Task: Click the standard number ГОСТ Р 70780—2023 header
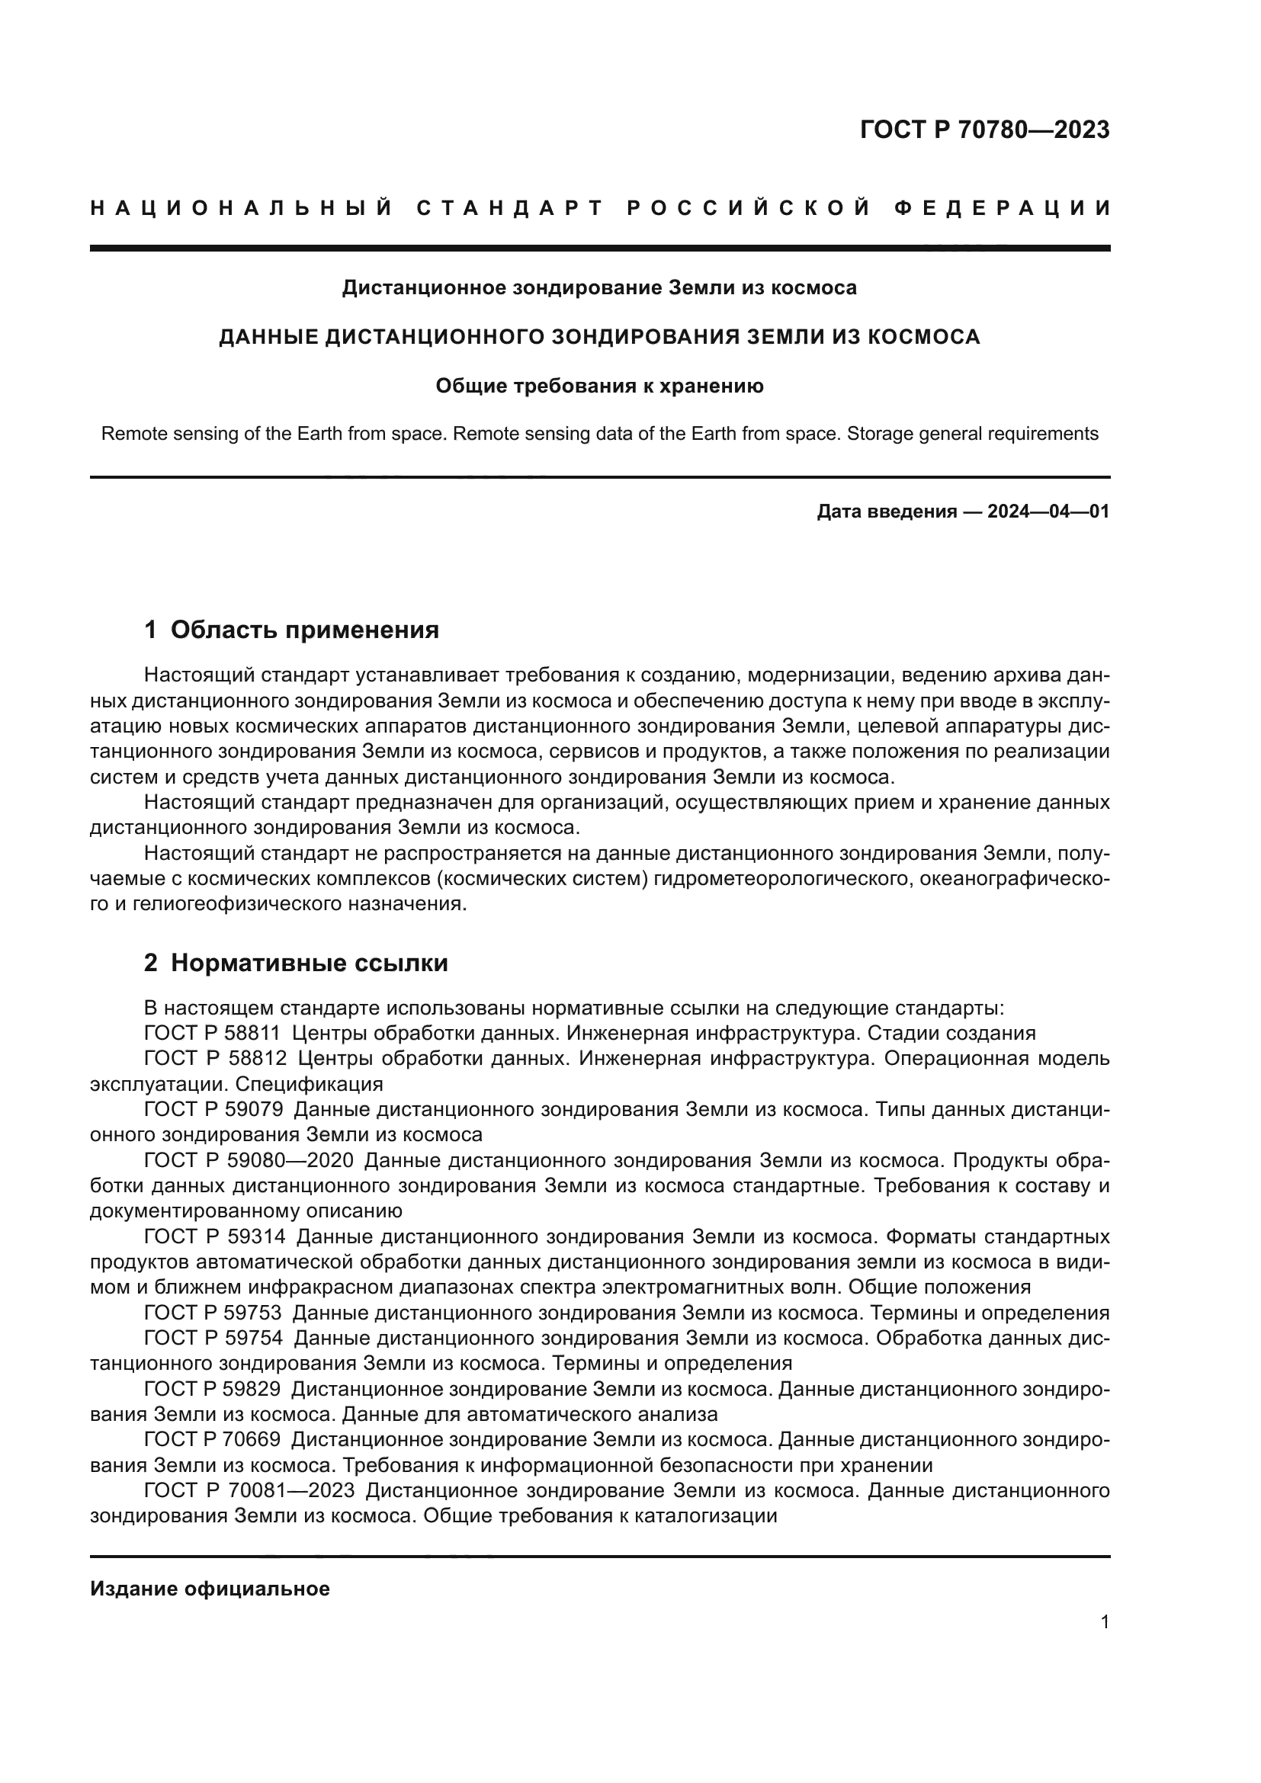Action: pos(984,130)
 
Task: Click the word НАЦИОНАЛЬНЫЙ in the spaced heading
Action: pos(242,208)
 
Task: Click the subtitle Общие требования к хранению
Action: pos(599,386)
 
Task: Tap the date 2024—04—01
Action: pos(1048,511)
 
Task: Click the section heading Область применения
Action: pos(304,630)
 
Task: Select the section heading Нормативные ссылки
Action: pos(309,963)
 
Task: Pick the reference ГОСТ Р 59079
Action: pos(213,1110)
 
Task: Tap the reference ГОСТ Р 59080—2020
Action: pos(249,1160)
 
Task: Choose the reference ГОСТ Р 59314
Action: pos(215,1236)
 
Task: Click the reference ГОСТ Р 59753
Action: pos(213,1313)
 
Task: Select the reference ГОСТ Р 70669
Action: pos(212,1440)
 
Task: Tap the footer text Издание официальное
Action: pos(210,1589)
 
